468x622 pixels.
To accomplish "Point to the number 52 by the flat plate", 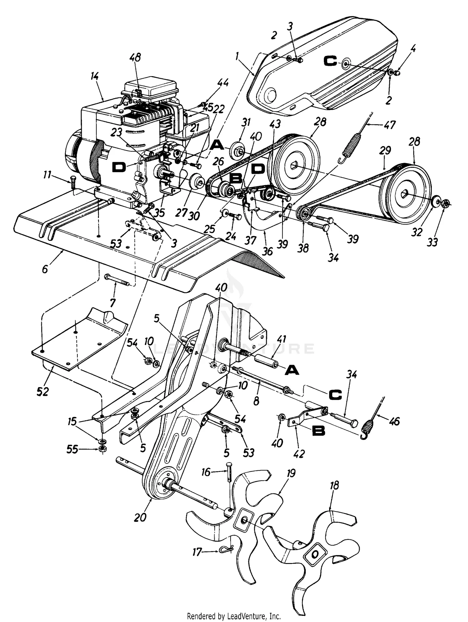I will click(x=42, y=391).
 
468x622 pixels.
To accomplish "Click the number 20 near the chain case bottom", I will click(x=140, y=518).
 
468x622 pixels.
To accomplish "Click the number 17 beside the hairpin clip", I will click(x=197, y=552).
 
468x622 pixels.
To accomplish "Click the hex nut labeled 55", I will click(x=101, y=449).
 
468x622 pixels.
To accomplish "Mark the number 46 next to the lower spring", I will click(x=394, y=422).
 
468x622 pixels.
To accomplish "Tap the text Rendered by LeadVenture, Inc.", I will click(x=234, y=616).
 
